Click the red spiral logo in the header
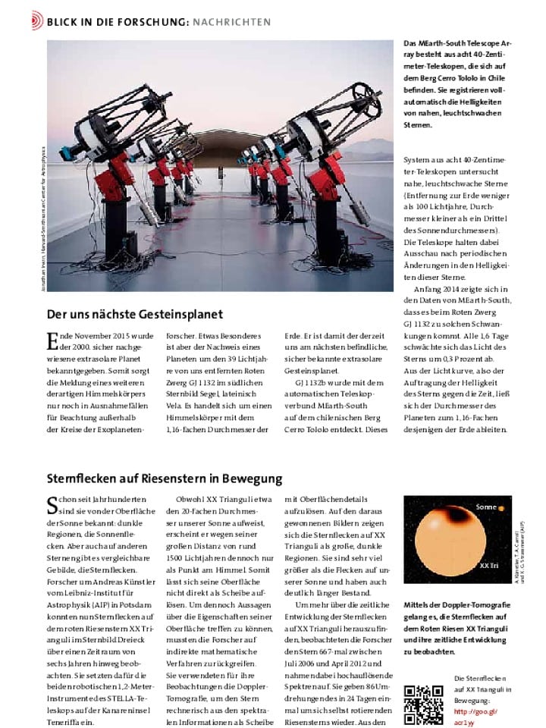[37, 21]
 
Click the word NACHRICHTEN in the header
[231, 22]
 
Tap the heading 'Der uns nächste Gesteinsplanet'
[135, 314]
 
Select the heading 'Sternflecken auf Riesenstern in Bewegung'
[165, 479]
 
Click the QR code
[423, 704]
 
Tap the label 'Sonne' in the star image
[485, 507]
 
